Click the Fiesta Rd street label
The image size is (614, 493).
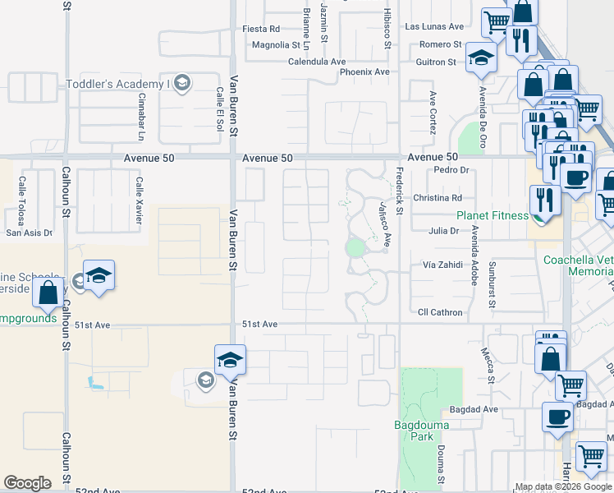261,29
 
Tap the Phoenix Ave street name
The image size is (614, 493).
364,72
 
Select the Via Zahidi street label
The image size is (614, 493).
443,265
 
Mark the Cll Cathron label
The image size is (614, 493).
440,313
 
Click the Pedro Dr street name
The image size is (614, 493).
451,171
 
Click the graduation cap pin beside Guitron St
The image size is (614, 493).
480,58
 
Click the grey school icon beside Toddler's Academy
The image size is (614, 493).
181,83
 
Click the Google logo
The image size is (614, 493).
27,483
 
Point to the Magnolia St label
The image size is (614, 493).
276,45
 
